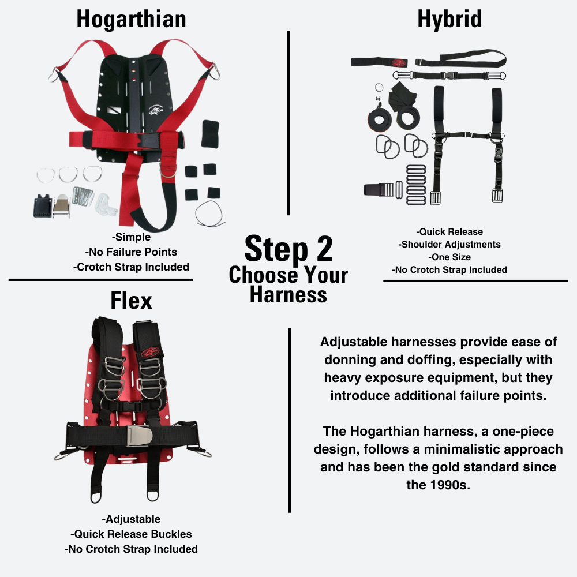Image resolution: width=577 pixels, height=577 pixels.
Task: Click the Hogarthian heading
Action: click(x=132, y=19)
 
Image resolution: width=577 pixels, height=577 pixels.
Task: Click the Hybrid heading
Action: click(x=449, y=19)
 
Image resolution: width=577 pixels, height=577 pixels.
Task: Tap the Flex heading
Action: click(x=132, y=301)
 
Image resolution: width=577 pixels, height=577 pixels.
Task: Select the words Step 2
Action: click(x=288, y=249)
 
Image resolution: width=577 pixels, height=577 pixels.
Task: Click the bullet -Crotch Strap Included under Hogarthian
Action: click(x=132, y=267)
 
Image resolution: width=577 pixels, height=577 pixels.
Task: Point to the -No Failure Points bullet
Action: click(x=131, y=252)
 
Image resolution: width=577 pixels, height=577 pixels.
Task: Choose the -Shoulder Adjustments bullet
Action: click(x=449, y=245)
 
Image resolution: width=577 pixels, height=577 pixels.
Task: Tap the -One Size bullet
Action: click(x=449, y=257)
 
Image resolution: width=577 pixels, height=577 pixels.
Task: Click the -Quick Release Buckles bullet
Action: click(x=131, y=534)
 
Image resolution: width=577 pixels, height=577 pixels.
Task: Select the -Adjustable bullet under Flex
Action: click(x=131, y=519)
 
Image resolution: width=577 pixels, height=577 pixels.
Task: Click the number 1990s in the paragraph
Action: click(x=439, y=485)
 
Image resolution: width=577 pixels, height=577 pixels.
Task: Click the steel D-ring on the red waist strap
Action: click(x=168, y=171)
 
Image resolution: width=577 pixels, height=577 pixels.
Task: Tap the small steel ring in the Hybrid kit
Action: click(x=379, y=88)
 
